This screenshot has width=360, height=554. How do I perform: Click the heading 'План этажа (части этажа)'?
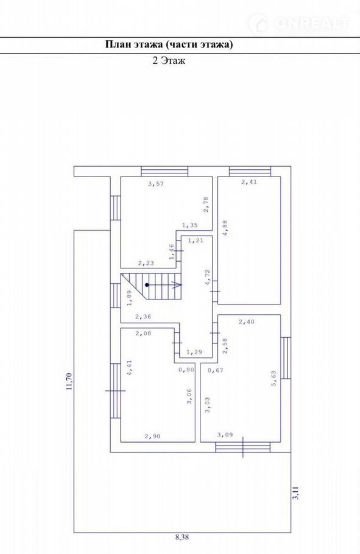coord(169,44)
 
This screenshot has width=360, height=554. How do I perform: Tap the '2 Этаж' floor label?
coord(169,60)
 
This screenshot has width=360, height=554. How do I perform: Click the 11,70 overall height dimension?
coord(69,382)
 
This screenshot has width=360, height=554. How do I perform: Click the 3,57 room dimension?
coord(156,184)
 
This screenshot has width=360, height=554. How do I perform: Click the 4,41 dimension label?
coord(129,368)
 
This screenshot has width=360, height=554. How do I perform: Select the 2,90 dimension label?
coord(152,436)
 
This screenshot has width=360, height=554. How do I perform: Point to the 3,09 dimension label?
coord(225,435)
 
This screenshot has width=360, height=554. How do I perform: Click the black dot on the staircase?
coord(147,285)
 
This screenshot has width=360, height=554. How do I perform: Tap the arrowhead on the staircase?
coord(177,285)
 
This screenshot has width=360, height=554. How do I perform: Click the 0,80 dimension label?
coord(186,370)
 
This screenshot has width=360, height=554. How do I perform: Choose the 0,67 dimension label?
coord(216,370)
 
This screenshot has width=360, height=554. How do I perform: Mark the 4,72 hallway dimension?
coord(208,277)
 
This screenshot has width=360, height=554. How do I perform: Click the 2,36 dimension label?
coord(143,317)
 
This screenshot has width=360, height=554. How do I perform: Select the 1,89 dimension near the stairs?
coord(129,298)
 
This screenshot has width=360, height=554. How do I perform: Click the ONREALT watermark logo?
coord(299,23)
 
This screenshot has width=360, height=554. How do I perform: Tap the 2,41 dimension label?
coord(249,182)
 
